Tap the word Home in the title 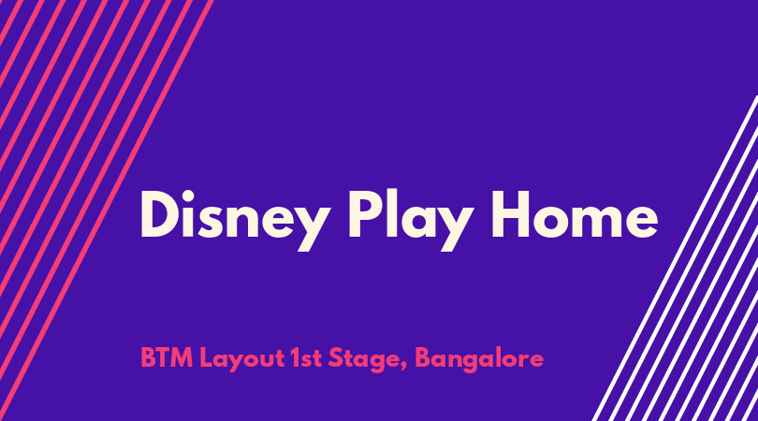tap(575, 214)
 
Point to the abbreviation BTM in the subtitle tap(167, 358)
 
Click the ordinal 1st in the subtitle tap(306, 358)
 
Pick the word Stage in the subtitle tap(364, 360)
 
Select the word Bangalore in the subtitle tap(479, 360)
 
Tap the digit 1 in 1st tap(295, 358)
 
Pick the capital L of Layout tap(206, 358)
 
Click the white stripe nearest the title tap(675, 258)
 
